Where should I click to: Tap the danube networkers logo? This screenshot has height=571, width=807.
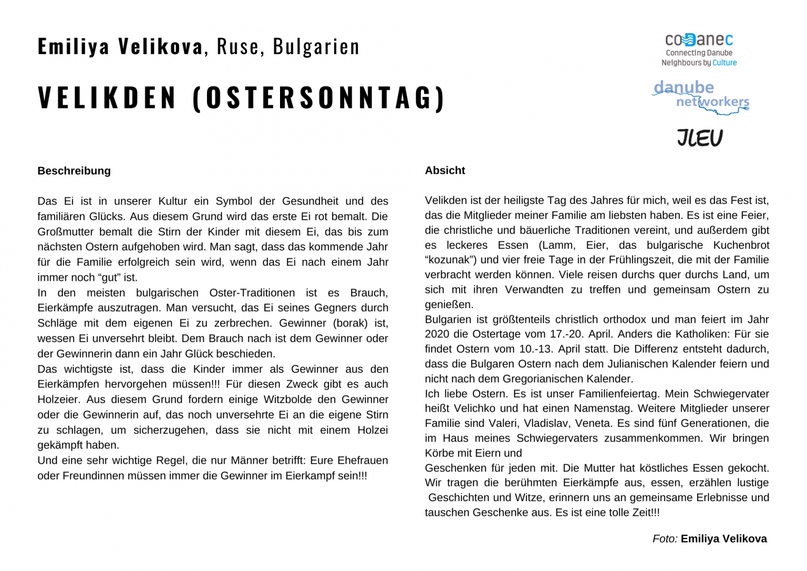(700, 96)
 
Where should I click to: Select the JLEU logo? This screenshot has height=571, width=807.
(699, 138)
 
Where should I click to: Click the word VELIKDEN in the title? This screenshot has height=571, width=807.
(107, 98)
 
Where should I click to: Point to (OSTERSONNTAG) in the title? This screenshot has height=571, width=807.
(319, 98)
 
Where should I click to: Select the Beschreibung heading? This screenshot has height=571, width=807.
(74, 171)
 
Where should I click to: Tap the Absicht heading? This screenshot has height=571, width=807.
(445, 170)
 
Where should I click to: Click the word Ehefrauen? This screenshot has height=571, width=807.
(363, 461)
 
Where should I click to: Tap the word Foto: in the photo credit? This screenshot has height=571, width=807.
(665, 539)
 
